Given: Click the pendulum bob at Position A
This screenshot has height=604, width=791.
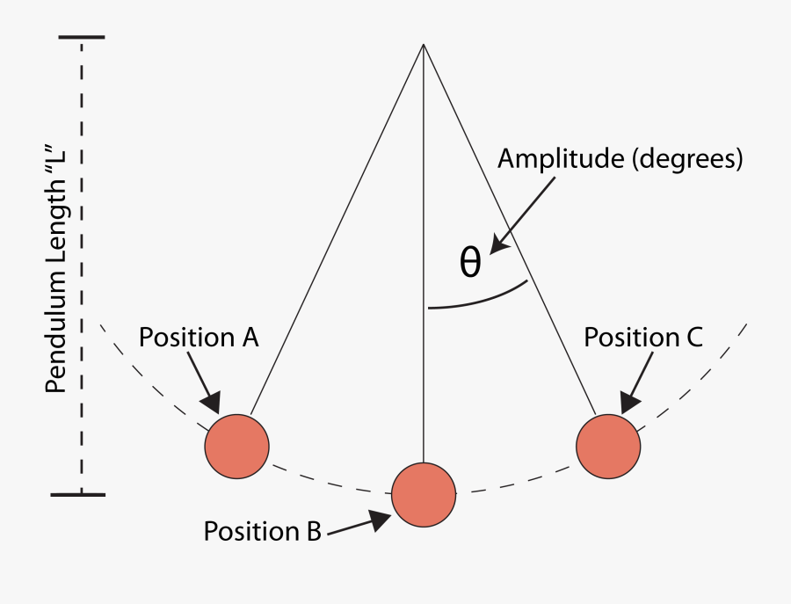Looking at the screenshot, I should pos(236,446).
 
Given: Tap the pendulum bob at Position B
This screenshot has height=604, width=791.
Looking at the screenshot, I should pos(424,494).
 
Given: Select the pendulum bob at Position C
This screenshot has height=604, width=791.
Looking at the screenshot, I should pos(609,446).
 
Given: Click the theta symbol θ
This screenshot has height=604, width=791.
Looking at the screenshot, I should pos(471,262).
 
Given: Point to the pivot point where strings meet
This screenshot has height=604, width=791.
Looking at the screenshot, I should pos(424,44).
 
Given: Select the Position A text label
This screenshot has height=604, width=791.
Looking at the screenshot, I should pos(200,338).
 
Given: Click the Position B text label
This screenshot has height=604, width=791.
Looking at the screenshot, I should pos(264,531).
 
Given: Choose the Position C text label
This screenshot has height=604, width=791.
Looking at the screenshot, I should pos(644,338).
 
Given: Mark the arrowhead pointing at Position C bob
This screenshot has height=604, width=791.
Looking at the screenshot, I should pos(629,401).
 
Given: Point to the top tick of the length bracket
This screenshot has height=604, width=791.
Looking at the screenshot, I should pos(82,38).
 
